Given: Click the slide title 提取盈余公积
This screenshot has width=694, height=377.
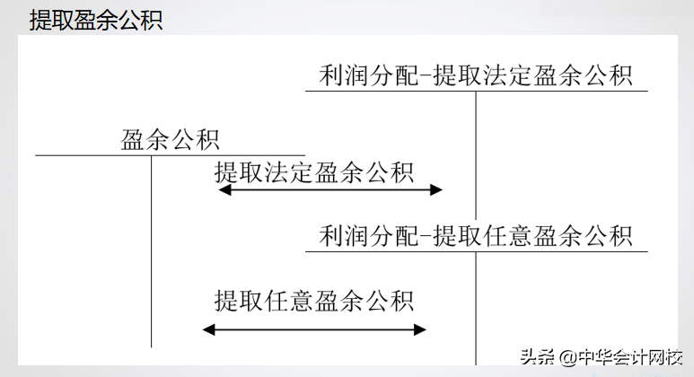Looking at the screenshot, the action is pyautogui.click(x=96, y=20).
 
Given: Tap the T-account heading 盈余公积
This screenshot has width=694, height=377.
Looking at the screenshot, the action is pyautogui.click(x=170, y=140).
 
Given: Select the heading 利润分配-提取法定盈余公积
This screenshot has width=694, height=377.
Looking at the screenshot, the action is pyautogui.click(x=476, y=75).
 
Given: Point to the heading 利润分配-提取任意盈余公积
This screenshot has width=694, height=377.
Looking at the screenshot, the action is pyautogui.click(x=476, y=235).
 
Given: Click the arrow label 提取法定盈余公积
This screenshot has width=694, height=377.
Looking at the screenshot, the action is pyautogui.click(x=314, y=172).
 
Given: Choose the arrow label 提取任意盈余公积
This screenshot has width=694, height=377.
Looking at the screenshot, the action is pyautogui.click(x=314, y=301).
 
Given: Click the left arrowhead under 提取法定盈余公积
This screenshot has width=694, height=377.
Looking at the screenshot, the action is pyautogui.click(x=224, y=189).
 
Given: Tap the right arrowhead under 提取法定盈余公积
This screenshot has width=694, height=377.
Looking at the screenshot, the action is pyautogui.click(x=436, y=189).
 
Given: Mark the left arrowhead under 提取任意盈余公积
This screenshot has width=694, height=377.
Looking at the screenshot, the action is pyautogui.click(x=208, y=329).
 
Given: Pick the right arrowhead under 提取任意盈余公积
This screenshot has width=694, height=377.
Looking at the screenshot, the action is pyautogui.click(x=420, y=329).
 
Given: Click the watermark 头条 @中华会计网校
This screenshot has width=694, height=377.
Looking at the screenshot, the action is pyautogui.click(x=602, y=356).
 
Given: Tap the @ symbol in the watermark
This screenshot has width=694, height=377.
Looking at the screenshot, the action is pyautogui.click(x=567, y=357).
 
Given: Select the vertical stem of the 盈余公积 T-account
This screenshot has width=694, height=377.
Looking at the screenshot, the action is pyautogui.click(x=152, y=251).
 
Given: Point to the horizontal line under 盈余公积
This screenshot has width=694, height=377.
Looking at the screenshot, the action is pyautogui.click(x=170, y=155).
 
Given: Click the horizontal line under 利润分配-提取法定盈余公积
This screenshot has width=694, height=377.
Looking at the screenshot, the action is pyautogui.click(x=477, y=92).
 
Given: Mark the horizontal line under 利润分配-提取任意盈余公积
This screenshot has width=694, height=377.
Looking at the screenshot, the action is pyautogui.click(x=477, y=251).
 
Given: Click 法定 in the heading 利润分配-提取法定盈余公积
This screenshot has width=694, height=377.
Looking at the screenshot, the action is pyautogui.click(x=507, y=75).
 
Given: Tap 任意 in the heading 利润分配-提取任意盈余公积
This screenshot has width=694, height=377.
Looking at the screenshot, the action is pyautogui.click(x=507, y=235).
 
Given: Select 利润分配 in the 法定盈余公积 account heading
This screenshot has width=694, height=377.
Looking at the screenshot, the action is pyautogui.click(x=369, y=75).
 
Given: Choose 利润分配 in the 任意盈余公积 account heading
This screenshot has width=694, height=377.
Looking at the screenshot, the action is pyautogui.click(x=369, y=235).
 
